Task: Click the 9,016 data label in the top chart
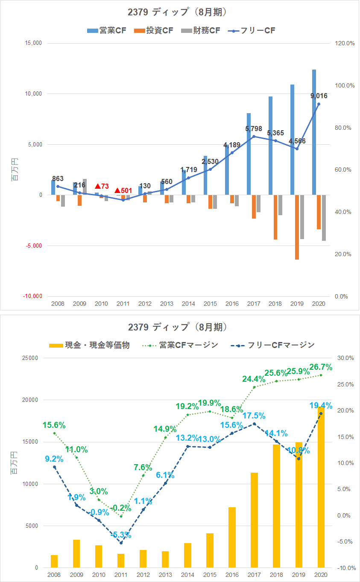(x=318, y=96)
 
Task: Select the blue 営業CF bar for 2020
(x=314, y=132)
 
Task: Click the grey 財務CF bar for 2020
(x=324, y=218)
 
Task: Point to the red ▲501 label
(x=124, y=190)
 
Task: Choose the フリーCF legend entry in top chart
(x=252, y=30)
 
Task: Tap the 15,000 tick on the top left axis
(x=34, y=43)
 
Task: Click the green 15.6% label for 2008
(x=54, y=425)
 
